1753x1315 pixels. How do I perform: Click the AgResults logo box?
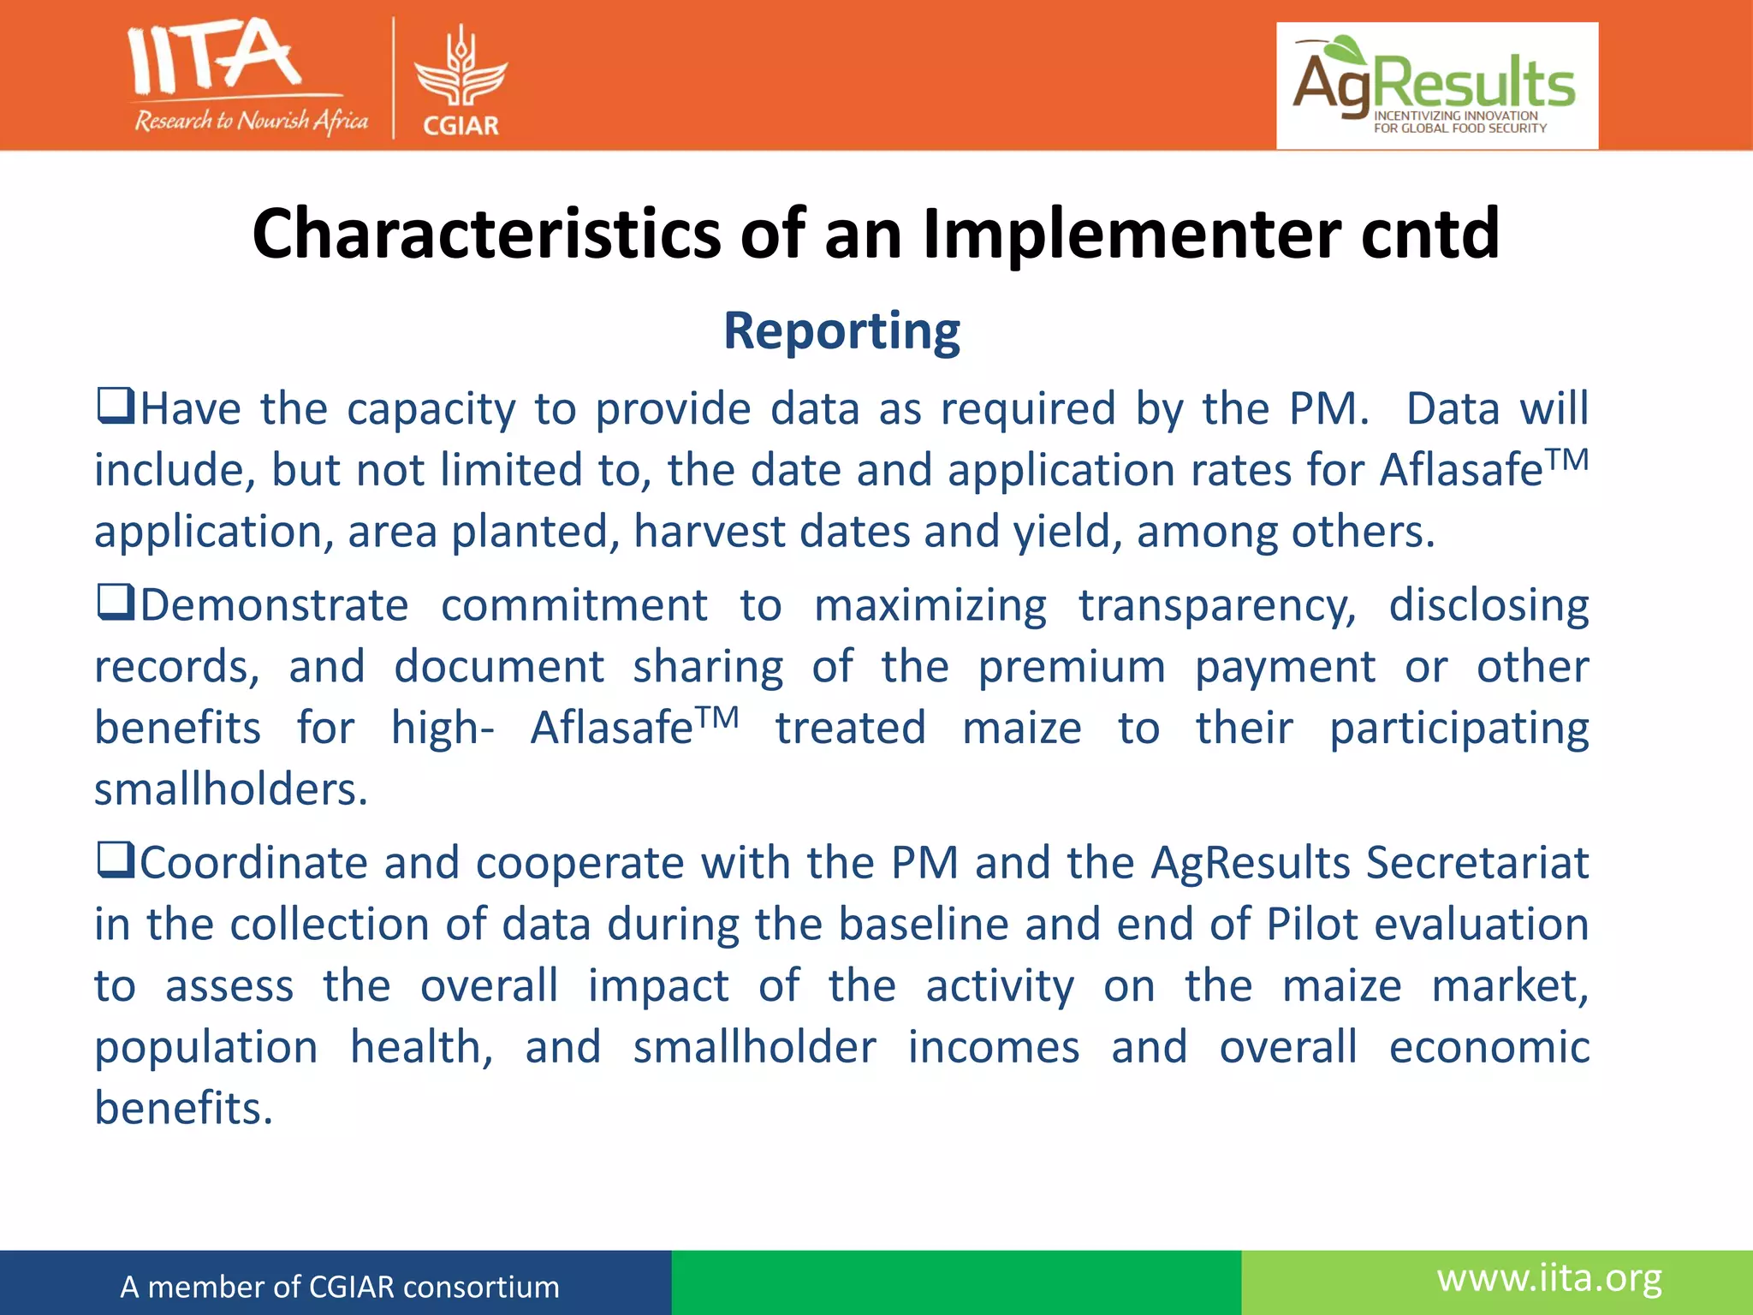point(1436,86)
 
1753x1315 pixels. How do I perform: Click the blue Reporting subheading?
point(841,331)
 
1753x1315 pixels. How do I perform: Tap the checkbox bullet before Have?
point(115,406)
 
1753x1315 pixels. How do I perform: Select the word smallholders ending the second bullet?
point(230,789)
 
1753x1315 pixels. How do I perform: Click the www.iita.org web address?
point(1549,1278)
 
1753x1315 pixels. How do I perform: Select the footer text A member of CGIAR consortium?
point(340,1287)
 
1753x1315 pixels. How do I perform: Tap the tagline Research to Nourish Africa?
point(251,121)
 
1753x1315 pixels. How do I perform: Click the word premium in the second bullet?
point(1072,667)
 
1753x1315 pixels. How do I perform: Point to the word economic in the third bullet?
point(1489,1047)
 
